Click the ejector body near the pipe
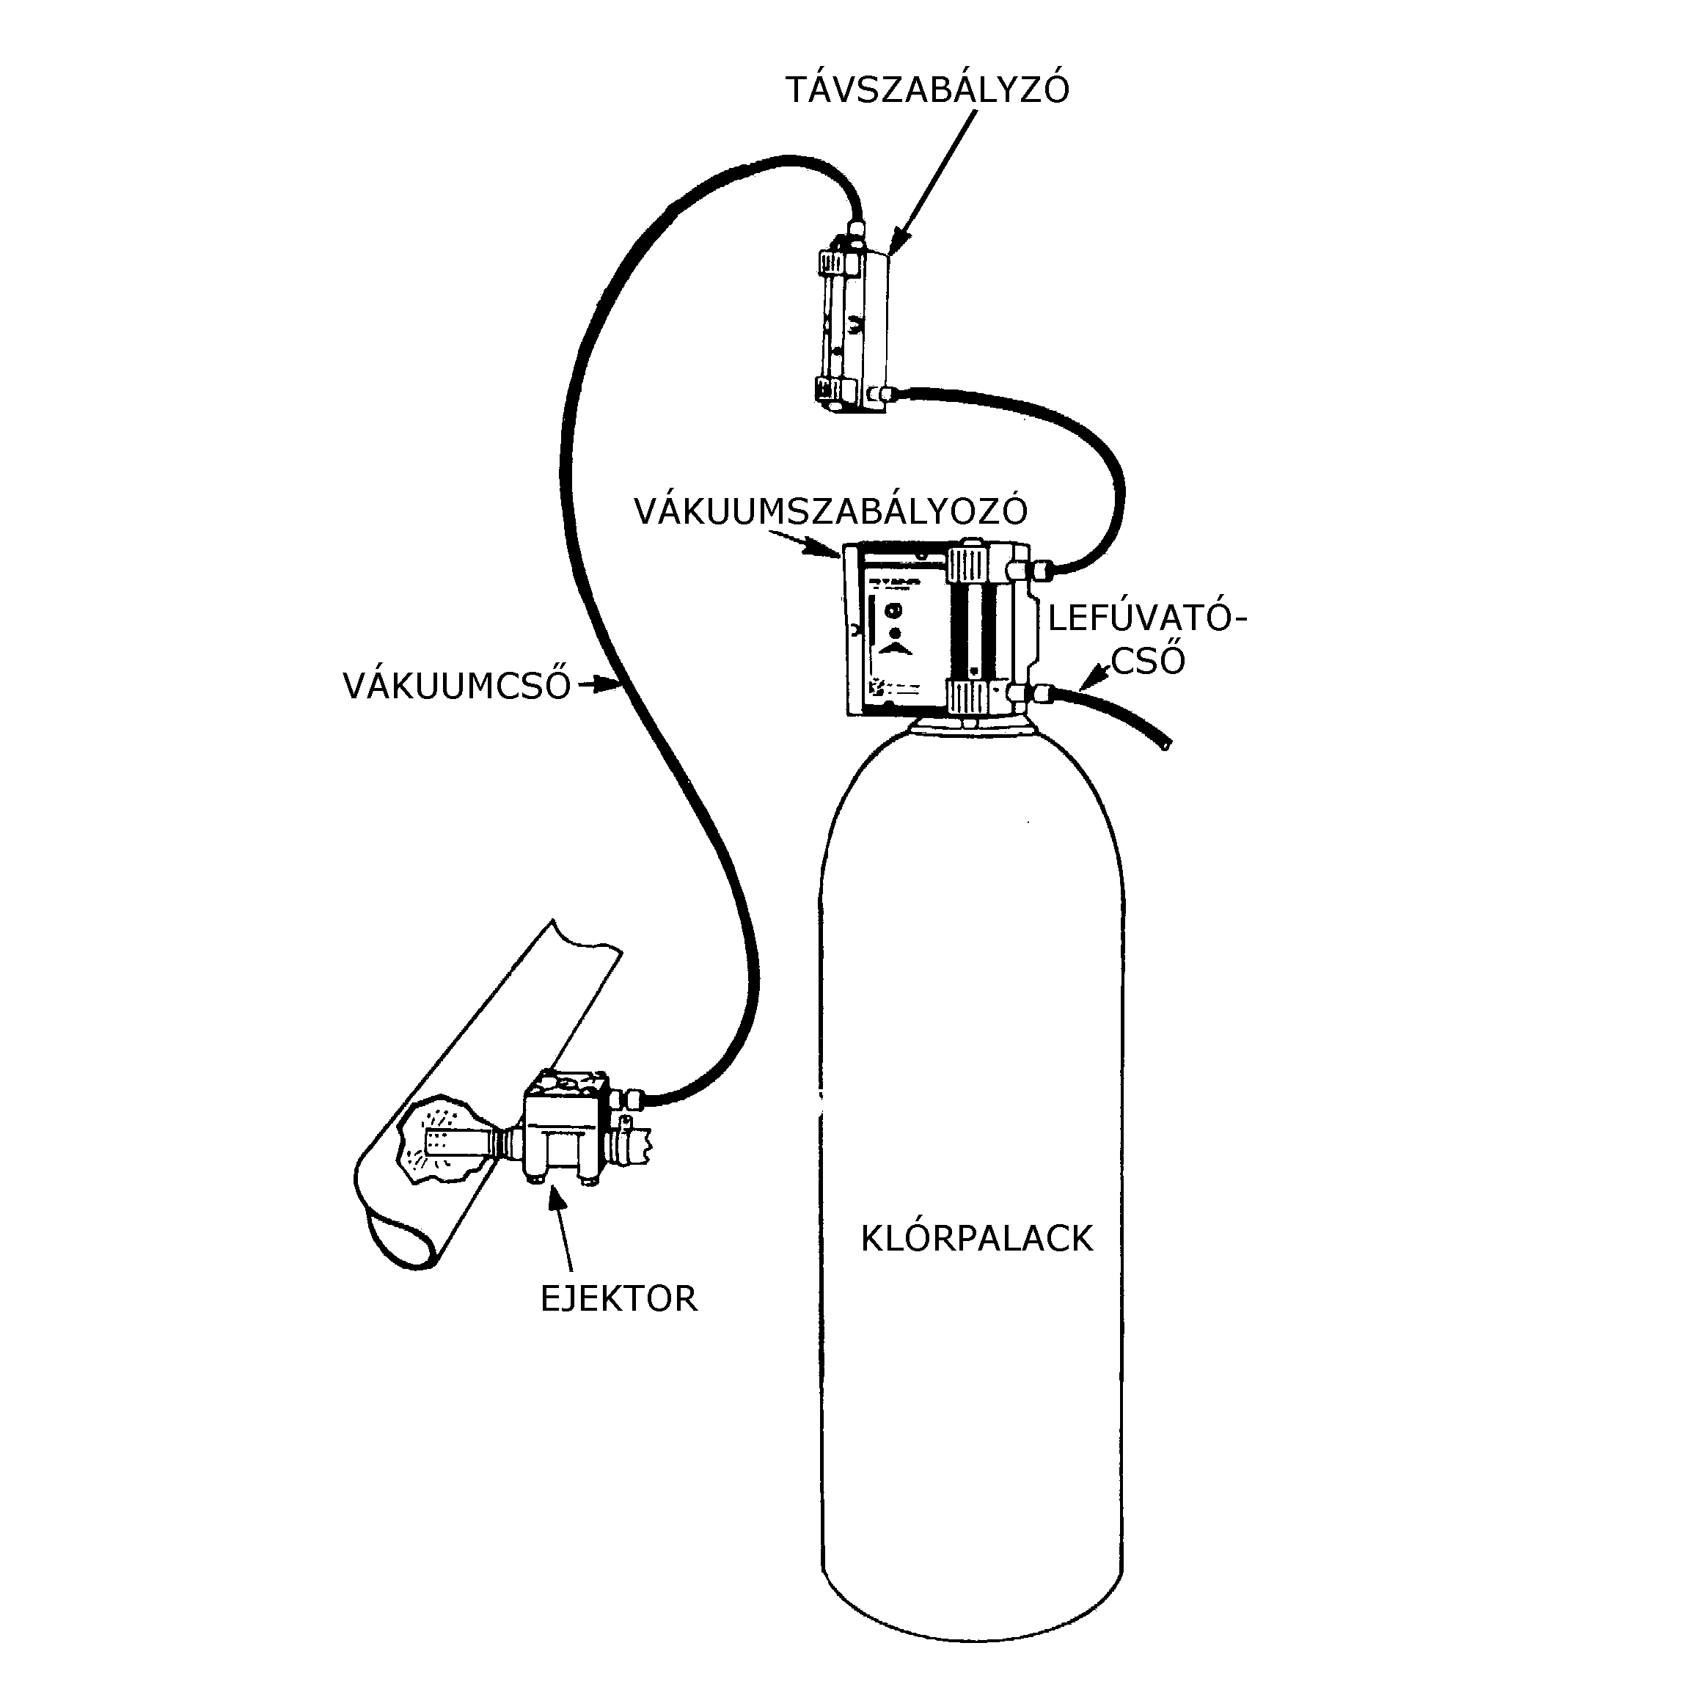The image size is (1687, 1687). pos(563,1127)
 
